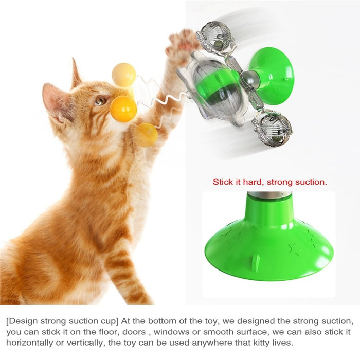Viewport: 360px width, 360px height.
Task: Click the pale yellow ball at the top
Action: point(124,74)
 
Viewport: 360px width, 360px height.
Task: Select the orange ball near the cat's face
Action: point(123,109)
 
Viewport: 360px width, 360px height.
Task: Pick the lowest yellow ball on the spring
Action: point(146,135)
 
